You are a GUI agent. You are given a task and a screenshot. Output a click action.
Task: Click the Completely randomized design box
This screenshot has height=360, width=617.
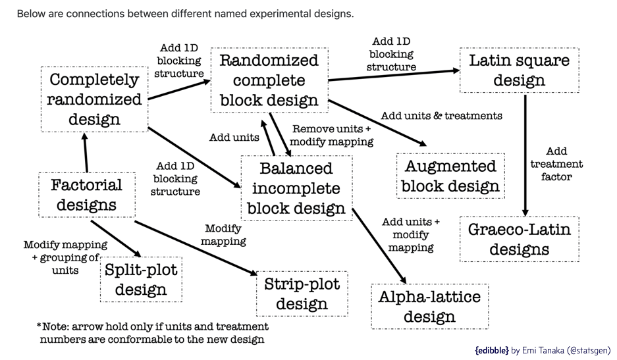coord(95,99)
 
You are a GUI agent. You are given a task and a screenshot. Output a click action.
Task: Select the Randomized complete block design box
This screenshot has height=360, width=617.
coord(269,80)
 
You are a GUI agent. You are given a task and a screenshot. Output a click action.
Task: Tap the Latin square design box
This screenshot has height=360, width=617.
coord(520,70)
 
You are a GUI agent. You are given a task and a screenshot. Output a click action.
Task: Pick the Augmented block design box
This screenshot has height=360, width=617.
coord(450,176)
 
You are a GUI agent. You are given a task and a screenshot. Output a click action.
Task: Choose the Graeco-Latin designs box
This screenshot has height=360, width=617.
coord(520,239)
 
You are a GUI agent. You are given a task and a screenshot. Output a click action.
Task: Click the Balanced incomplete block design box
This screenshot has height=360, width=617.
coord(296,188)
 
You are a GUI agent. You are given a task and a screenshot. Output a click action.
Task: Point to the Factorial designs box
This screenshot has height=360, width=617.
coord(87,194)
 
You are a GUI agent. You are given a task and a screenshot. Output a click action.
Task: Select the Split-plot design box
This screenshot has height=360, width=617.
coord(141,280)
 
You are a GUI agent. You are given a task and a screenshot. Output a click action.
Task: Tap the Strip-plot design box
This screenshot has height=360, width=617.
coord(302,294)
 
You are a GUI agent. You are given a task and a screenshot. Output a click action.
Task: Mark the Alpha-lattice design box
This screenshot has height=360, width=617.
coord(429,306)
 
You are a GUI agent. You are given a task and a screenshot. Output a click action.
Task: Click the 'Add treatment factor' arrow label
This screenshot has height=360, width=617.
coord(556,164)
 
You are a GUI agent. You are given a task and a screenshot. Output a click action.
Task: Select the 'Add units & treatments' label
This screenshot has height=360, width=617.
coord(441,116)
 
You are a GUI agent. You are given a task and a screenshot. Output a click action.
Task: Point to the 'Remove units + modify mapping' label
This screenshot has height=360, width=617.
coord(332,136)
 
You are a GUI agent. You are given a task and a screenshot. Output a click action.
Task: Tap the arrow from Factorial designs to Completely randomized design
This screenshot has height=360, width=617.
coord(85,151)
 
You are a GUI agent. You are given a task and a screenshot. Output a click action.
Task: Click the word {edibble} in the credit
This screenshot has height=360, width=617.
coord(491,350)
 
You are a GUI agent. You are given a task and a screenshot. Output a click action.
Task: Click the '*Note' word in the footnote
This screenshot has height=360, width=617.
coord(52,326)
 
